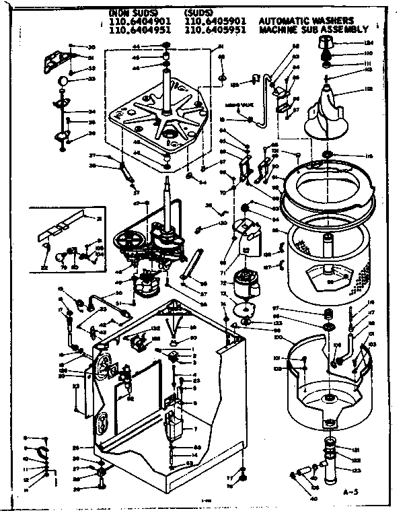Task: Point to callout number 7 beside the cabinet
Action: click(x=194, y=429)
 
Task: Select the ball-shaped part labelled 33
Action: click(x=63, y=81)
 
